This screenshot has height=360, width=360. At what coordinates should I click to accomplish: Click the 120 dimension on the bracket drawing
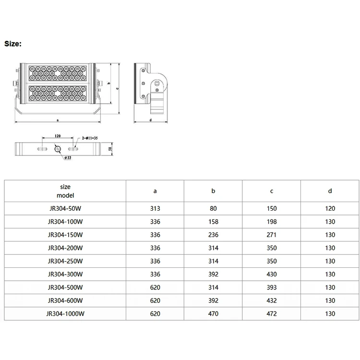click(58, 136)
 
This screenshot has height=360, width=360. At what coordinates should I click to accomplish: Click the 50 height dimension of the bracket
click(110, 149)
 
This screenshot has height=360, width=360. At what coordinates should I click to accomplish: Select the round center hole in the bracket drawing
click(58, 149)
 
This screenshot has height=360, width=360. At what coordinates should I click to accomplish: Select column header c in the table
click(272, 191)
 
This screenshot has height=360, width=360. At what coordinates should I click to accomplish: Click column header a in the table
click(155, 191)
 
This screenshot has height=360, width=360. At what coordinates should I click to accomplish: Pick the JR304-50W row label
click(65, 209)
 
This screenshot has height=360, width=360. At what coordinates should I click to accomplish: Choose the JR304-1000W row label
click(65, 314)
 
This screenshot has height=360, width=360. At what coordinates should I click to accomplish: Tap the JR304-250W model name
click(65, 261)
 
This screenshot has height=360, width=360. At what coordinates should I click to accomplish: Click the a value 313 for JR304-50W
click(155, 209)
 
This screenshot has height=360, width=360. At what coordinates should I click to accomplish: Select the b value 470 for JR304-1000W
click(214, 314)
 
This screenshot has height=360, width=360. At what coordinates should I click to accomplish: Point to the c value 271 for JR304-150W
click(272, 235)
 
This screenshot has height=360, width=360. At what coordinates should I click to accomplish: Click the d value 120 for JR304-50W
click(330, 209)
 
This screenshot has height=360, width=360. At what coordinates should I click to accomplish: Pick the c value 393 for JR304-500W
click(272, 288)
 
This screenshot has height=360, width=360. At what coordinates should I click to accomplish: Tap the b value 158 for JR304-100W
click(214, 222)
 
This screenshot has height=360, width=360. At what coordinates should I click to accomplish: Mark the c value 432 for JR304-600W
click(272, 301)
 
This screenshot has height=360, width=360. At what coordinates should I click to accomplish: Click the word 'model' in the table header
click(65, 195)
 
